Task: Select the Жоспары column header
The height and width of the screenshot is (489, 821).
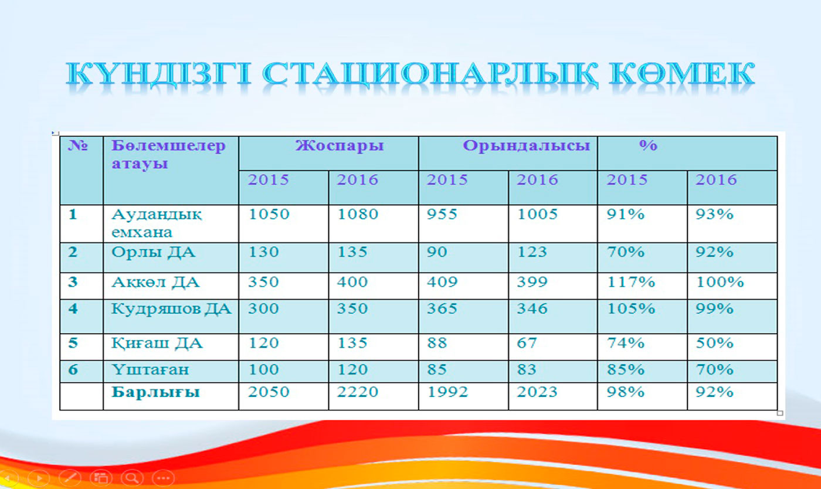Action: coord(340,146)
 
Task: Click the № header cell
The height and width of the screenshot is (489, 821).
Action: coord(77,146)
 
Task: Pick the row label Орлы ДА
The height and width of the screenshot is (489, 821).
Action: coord(153,252)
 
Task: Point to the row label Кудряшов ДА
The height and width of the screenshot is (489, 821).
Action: coord(171,309)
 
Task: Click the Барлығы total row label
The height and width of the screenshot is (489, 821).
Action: coord(155,393)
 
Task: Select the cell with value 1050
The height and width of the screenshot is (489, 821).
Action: coord(269,214)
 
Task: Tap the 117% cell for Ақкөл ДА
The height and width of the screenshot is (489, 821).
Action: coord(631,282)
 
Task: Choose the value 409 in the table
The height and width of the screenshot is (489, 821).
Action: coord(442,282)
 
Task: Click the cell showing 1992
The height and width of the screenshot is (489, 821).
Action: coord(447,392)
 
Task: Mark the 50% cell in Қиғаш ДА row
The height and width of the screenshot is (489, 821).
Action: coord(714,343)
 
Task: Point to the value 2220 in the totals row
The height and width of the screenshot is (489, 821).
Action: coord(357,392)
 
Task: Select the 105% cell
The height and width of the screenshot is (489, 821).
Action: coord(631,308)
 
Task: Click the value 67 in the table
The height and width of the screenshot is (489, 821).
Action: coord(527,343)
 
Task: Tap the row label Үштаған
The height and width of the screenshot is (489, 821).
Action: coord(150,369)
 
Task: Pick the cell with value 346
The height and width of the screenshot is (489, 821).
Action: coord(532,308)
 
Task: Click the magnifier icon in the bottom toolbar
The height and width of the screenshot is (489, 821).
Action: coord(133,478)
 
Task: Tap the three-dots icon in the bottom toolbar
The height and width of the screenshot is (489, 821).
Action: coord(164,478)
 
